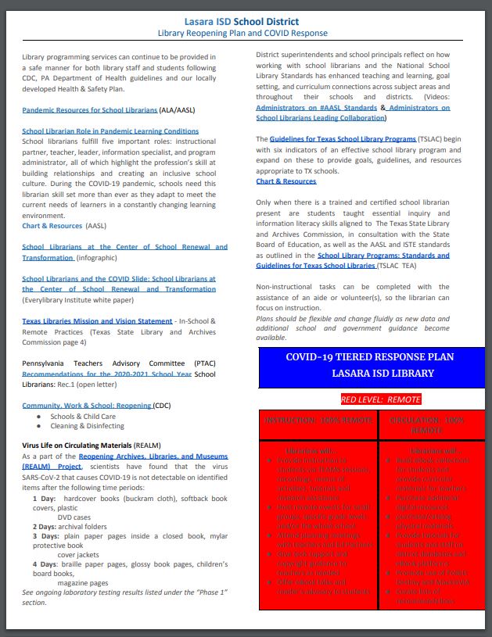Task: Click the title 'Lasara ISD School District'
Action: [246, 20]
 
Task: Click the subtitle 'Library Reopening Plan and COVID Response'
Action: [246, 34]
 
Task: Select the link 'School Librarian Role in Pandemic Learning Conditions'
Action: [110, 131]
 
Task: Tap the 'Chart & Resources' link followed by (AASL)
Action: [52, 225]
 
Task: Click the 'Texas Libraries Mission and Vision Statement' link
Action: [97, 321]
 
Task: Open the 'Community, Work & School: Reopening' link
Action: [86, 406]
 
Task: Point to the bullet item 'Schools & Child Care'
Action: [83, 417]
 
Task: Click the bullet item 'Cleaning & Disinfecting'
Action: [87, 426]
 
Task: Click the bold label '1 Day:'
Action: [45, 498]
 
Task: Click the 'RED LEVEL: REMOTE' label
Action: [380, 399]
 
